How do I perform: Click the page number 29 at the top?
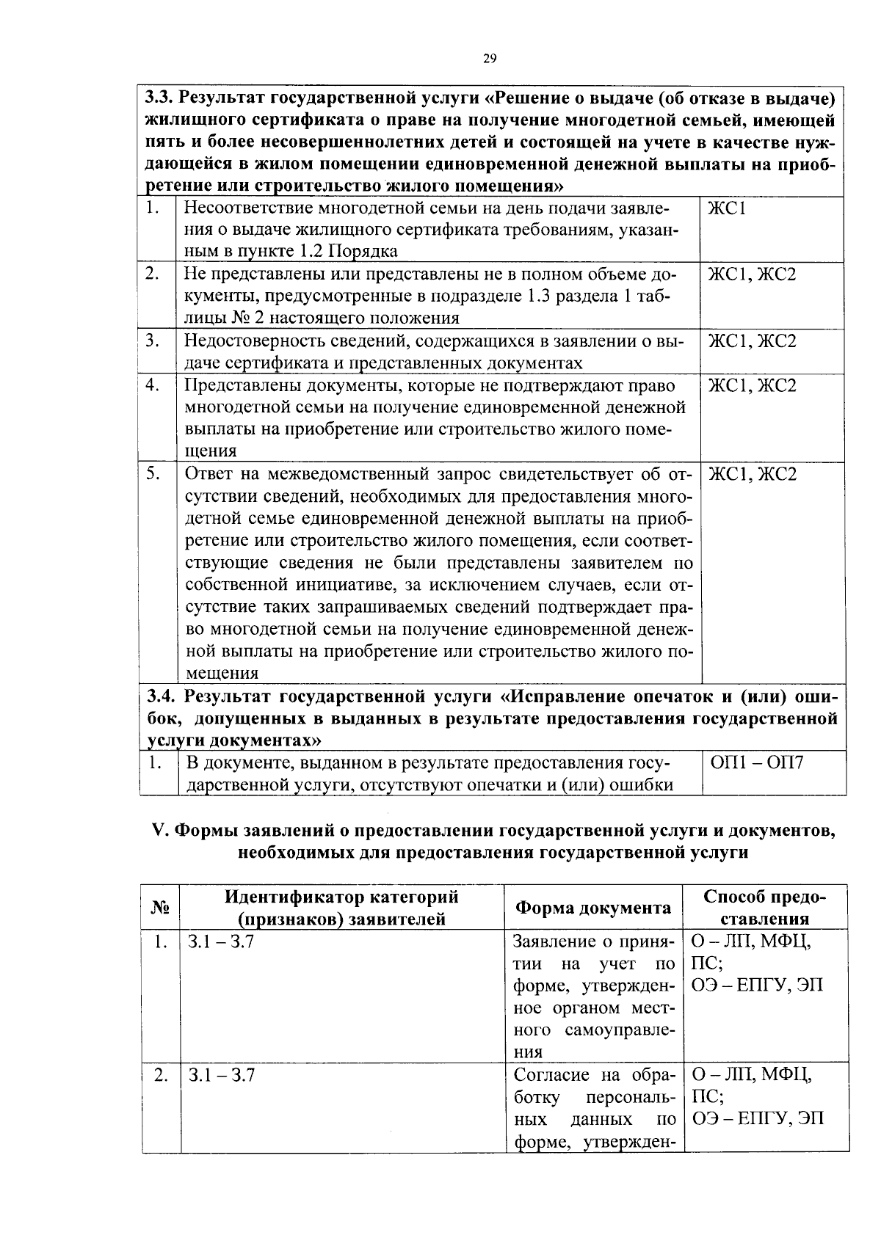[490, 59]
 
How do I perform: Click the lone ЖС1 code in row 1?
[727, 208]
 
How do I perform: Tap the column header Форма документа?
[592, 908]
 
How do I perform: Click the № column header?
[160, 908]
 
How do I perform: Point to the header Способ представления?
[764, 908]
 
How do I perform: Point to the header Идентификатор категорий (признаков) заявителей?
[341, 908]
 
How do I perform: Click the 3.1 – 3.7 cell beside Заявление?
[221, 941]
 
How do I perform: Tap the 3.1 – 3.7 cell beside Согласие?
[221, 1075]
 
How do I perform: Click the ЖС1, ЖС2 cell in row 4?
[752, 385]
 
